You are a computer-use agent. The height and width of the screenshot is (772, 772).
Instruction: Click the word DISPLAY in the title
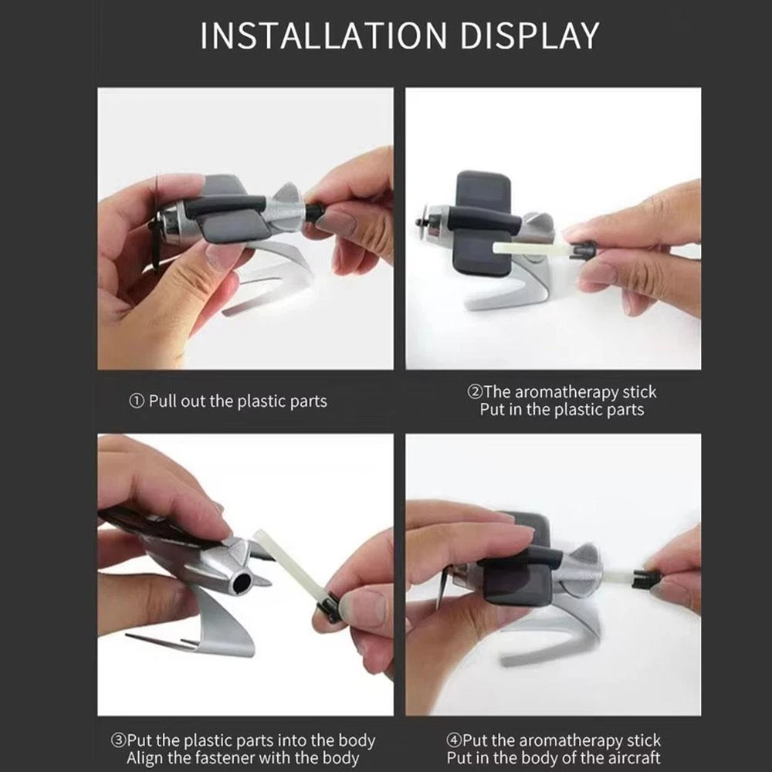(x=530, y=36)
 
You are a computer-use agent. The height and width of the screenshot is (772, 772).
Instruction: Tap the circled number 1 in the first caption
(x=137, y=401)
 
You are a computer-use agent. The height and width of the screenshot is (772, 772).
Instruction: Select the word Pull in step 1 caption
(x=163, y=401)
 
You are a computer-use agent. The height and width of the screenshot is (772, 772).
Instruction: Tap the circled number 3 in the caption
(x=119, y=740)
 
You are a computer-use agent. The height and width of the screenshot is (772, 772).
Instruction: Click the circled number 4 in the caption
(x=454, y=740)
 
